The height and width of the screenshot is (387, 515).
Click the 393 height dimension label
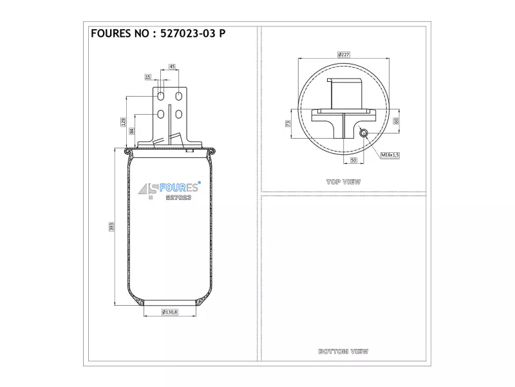click(111, 226)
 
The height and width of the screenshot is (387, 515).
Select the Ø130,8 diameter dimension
click(170, 312)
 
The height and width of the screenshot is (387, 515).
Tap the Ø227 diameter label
click(344, 55)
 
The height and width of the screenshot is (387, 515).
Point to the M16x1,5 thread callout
click(390, 155)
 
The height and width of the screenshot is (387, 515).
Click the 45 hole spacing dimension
click(172, 66)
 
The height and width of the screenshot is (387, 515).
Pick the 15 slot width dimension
click(148, 77)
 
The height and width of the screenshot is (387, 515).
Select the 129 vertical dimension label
click(123, 122)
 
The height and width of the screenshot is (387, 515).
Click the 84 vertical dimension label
click(132, 131)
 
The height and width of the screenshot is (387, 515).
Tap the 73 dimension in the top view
click(288, 123)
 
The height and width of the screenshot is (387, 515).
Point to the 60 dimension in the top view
click(396, 121)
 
